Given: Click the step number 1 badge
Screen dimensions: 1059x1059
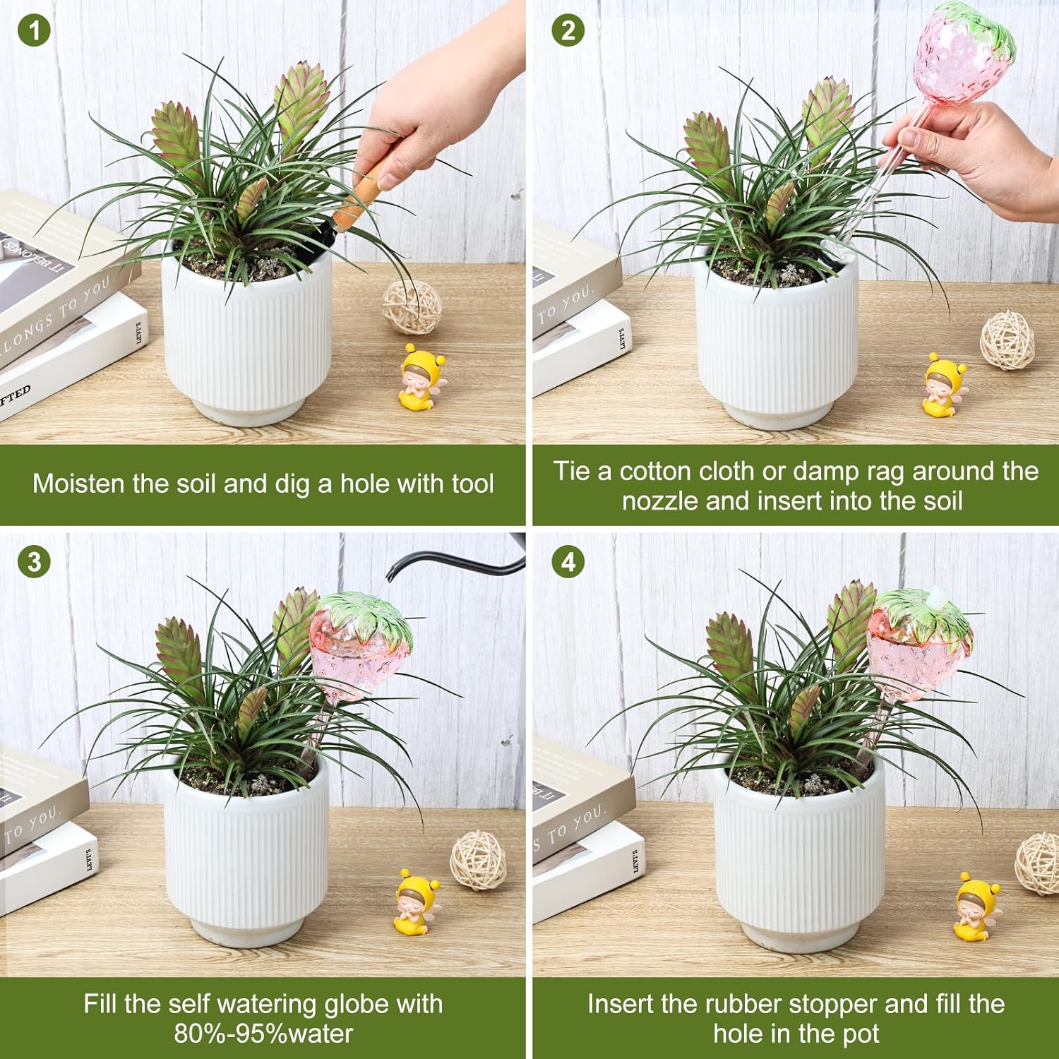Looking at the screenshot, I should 33,31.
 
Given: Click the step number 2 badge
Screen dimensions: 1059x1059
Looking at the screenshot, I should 568,31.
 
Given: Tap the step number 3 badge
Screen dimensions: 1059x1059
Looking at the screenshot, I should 33,563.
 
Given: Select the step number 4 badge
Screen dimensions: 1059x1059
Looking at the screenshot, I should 568,563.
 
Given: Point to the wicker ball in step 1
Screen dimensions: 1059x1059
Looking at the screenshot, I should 412,308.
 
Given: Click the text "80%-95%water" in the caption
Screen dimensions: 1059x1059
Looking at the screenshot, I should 263,1034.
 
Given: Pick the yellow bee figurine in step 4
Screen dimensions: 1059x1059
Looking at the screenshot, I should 977,908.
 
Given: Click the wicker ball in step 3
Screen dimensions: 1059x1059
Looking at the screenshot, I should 478,859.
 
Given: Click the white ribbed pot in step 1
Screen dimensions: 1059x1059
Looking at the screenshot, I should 247,339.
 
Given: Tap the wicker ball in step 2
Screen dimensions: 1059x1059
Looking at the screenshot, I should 1007,341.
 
